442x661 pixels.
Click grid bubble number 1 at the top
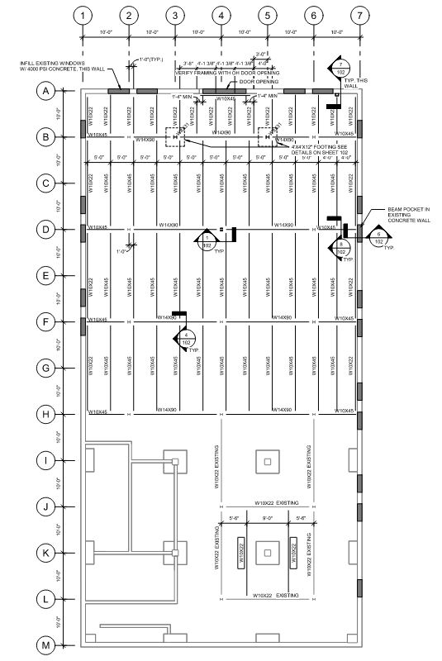point(81,16)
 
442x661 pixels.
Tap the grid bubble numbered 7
point(357,16)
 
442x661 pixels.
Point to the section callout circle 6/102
point(379,240)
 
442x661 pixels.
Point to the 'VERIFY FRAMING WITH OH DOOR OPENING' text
point(227,73)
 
